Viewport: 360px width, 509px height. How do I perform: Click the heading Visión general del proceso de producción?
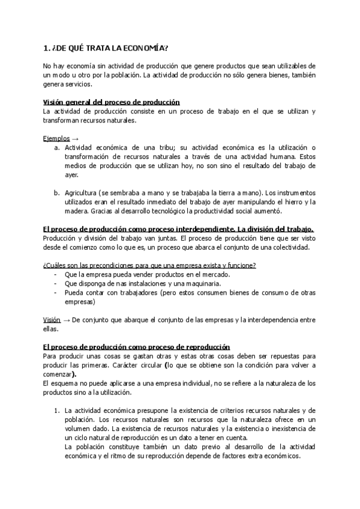112,102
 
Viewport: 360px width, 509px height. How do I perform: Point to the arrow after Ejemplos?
74,138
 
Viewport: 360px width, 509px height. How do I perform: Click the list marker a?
56,148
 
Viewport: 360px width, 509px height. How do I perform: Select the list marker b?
56,193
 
